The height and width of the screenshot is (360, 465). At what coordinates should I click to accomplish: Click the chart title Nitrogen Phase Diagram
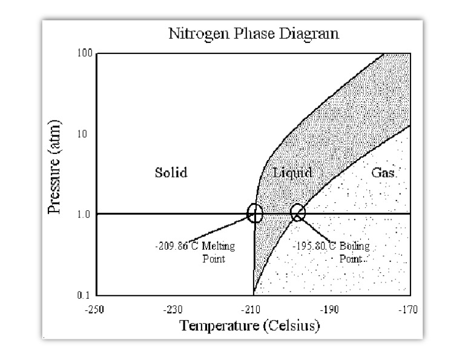253,33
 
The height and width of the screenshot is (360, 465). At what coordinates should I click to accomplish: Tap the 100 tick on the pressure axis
84,54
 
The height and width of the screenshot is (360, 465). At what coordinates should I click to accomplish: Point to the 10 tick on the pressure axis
85,133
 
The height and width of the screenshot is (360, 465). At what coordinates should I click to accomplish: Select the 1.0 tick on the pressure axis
84,214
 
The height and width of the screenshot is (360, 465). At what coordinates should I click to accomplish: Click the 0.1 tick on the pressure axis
84,295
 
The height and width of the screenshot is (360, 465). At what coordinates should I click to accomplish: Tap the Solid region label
171,173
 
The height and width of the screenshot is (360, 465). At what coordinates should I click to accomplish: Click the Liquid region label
292,173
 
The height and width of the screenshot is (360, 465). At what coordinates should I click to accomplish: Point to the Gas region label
384,173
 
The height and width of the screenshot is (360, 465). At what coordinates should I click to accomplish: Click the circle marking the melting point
255,213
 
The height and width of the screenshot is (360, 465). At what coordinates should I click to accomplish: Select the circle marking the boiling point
298,213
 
